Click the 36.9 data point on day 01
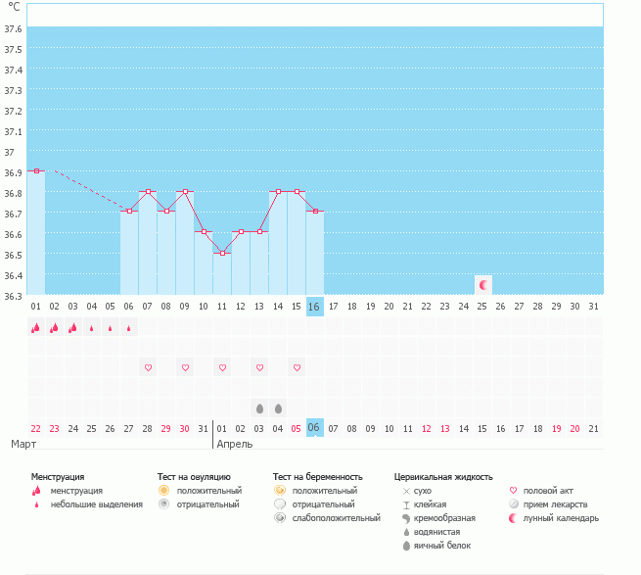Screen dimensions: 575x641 click(36, 171)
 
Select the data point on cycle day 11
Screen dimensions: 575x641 click(222, 254)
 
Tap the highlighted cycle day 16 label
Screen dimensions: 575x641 click(314, 307)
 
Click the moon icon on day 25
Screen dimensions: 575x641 click(482, 285)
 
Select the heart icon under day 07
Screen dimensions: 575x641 click(149, 367)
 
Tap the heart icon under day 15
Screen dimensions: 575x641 click(297, 367)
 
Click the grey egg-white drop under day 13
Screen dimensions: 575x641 click(259, 407)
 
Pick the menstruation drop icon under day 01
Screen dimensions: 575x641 click(36, 328)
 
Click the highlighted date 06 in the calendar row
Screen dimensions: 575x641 click(314, 428)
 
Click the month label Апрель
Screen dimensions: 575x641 click(234, 444)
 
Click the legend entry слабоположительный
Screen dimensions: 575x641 click(336, 517)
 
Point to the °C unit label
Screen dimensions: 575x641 click(14, 7)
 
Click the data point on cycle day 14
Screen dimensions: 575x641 click(278, 192)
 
